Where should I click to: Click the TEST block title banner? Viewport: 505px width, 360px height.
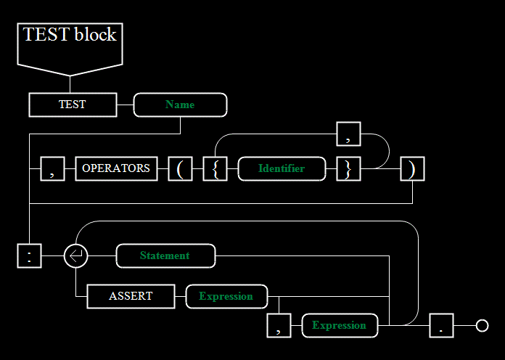70,49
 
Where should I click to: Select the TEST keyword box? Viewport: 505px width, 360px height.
73,105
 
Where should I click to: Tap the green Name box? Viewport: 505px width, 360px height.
181,105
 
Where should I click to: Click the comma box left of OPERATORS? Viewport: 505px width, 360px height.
52,169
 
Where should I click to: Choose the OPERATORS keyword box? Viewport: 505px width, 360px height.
116,169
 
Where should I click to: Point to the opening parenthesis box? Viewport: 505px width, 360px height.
181,169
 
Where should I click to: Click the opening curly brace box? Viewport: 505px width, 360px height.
215,169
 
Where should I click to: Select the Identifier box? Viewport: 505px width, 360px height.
282,169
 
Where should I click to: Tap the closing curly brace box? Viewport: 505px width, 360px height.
348,169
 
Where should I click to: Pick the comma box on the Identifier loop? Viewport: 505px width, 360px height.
348,134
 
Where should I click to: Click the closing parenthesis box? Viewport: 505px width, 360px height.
413,169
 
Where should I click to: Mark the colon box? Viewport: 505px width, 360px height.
29,256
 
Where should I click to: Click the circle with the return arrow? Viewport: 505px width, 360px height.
75,256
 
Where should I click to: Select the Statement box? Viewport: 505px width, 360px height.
166,256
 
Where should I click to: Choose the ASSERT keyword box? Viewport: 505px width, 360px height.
131,297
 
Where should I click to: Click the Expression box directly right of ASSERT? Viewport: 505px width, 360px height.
226,297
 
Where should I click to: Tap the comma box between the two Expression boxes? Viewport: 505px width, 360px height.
279,325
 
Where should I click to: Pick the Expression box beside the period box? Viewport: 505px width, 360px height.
340,325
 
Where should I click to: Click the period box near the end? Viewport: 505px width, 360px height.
442,325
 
